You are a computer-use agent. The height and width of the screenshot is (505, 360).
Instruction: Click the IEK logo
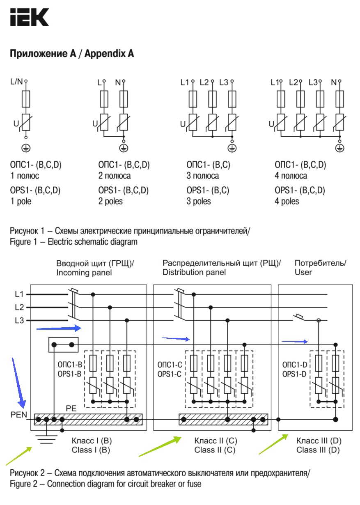tap(29, 17)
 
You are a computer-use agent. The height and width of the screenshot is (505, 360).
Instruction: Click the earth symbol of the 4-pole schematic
tap(339, 147)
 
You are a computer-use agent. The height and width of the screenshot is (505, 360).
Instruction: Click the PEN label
tap(18, 415)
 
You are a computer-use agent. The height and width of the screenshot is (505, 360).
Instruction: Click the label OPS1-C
tap(169, 374)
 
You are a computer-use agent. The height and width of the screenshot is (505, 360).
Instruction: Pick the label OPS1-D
tap(294, 374)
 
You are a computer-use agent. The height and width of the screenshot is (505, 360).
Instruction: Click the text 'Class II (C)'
tap(215, 450)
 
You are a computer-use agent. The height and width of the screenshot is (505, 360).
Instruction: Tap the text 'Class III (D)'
tap(318, 450)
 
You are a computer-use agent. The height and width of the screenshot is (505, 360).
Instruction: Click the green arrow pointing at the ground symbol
tap(18, 456)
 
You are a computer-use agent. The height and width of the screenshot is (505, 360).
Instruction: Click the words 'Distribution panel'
tap(194, 272)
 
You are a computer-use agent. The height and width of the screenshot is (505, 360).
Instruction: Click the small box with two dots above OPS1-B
tap(63, 345)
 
